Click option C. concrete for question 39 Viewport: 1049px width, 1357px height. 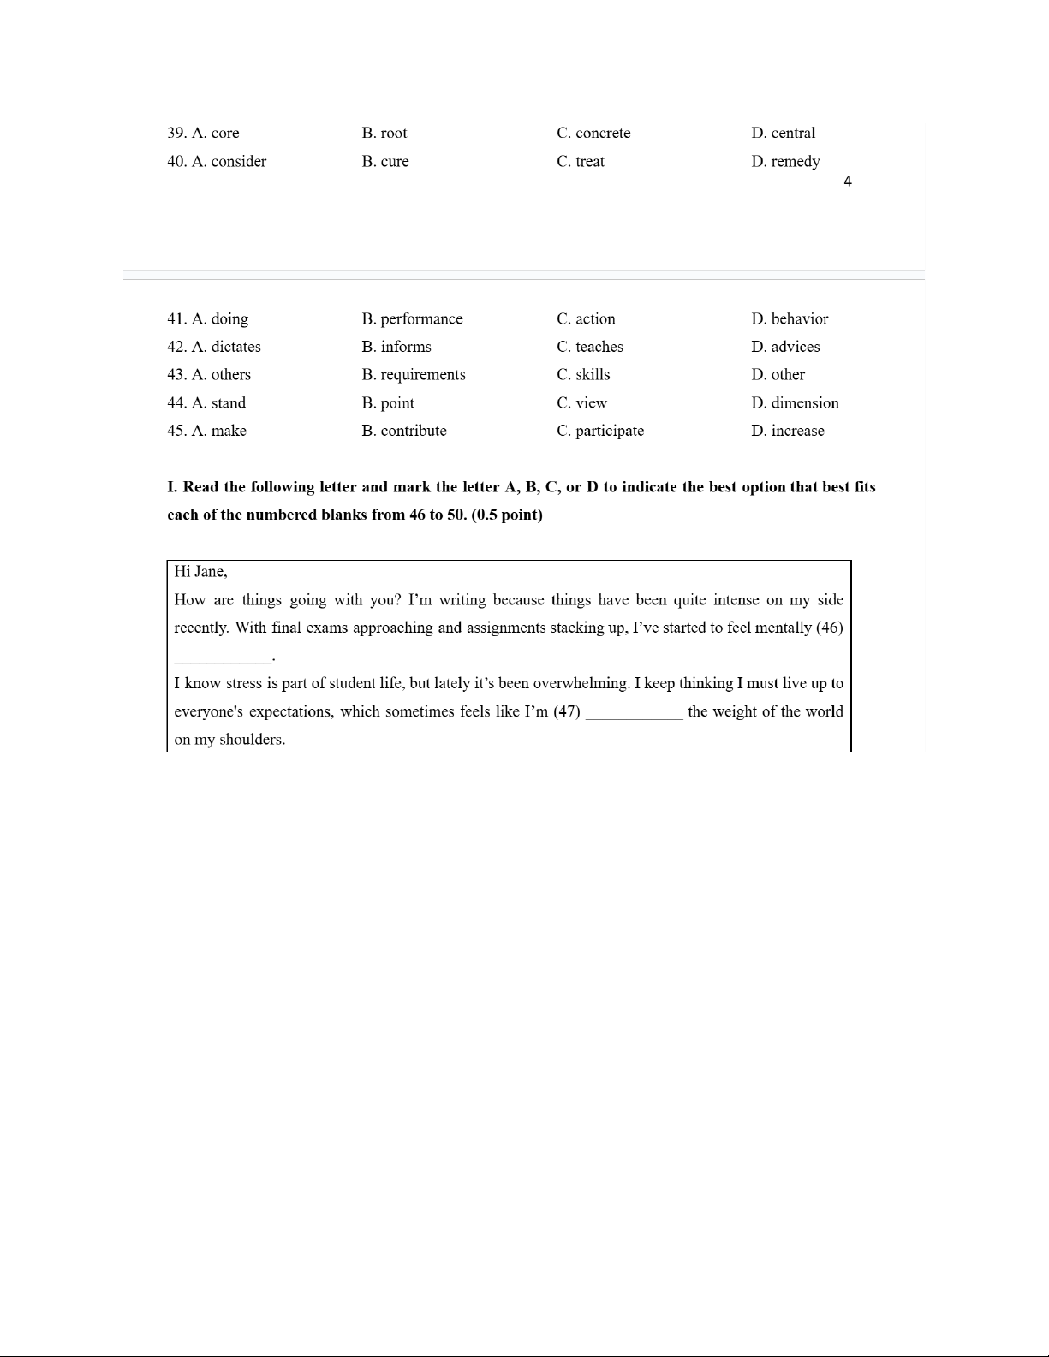[593, 133]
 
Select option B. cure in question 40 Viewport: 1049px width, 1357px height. [385, 161]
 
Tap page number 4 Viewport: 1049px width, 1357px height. [847, 182]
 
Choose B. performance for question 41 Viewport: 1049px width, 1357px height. [412, 318]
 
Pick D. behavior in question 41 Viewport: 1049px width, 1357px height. [790, 318]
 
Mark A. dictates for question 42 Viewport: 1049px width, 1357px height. [226, 347]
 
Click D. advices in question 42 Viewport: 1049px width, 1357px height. [785, 347]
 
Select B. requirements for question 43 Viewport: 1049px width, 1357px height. [414, 374]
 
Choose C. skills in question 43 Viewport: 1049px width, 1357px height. [583, 374]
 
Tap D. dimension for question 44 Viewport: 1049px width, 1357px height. [795, 402]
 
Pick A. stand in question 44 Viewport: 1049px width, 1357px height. [218, 402]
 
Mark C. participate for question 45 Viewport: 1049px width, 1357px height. [599, 431]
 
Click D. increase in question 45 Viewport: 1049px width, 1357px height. [787, 431]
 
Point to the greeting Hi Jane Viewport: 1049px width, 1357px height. [200, 571]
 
